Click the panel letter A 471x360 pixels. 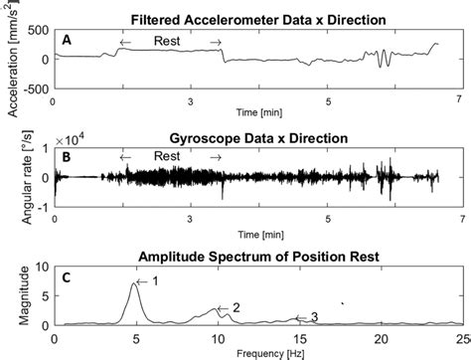pos(66,40)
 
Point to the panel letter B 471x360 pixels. pos(66,157)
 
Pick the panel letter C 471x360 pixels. pos(66,277)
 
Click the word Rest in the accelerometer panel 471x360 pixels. pos(168,41)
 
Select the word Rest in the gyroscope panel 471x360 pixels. pos(168,157)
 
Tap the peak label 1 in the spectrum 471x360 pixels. pos(154,281)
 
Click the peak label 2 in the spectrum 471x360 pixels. pos(235,307)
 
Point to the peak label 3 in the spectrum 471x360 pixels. pos(314,317)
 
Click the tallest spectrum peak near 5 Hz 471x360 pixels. pos(135,284)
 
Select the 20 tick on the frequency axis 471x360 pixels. pos(376,338)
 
